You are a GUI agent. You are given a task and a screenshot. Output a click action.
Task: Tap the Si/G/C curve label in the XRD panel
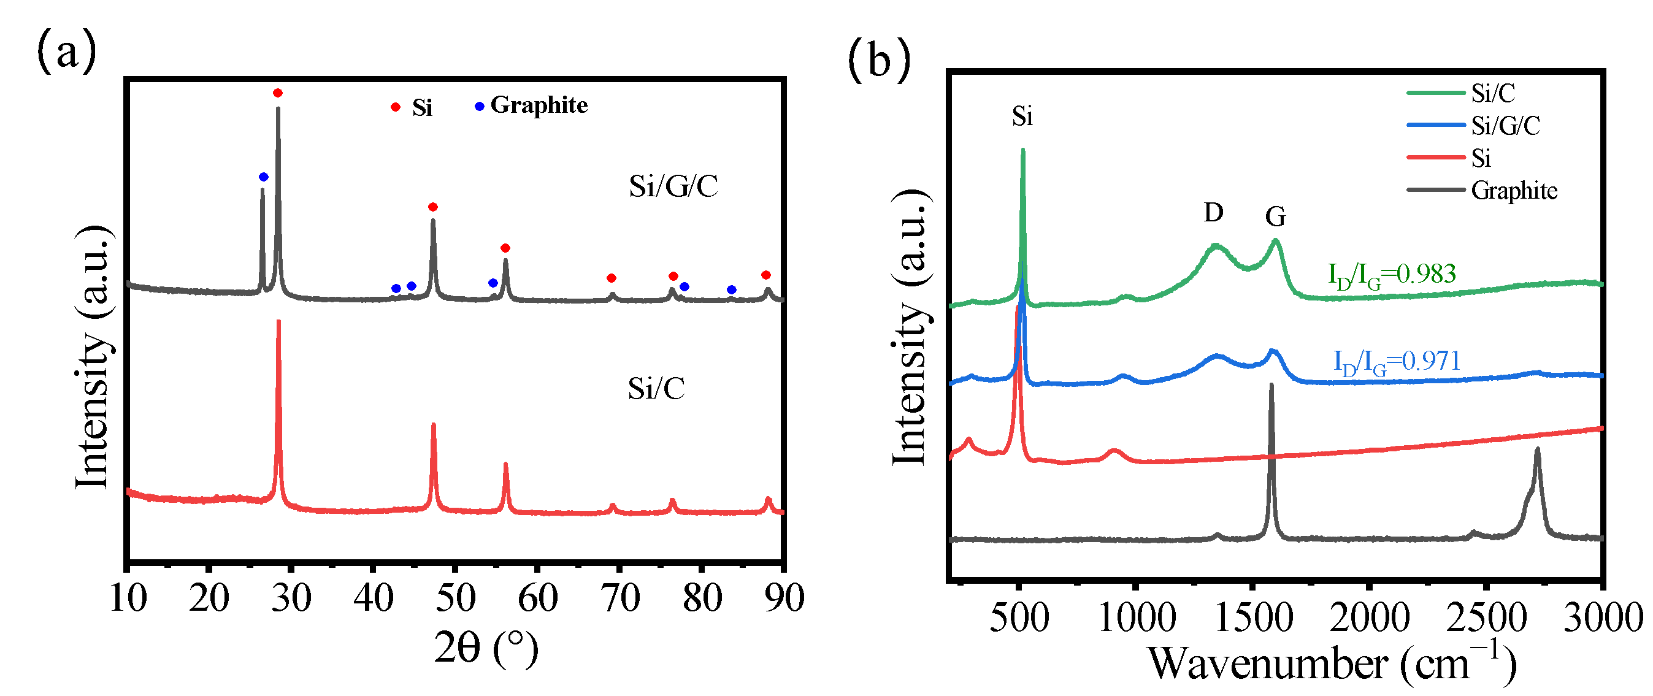click(x=673, y=186)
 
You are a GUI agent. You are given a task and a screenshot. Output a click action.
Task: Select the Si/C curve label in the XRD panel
click(x=656, y=388)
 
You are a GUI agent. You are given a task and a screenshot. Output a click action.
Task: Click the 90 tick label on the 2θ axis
click(x=784, y=598)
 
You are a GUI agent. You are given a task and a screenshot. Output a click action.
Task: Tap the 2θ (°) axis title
click(x=486, y=648)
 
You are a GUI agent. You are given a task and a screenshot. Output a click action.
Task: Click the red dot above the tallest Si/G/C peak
click(x=277, y=93)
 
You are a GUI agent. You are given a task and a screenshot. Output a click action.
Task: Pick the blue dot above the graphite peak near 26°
click(x=263, y=177)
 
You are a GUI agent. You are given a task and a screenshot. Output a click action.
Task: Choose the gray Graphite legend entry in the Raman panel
click(x=1482, y=191)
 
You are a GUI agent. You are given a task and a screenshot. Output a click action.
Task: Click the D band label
click(x=1213, y=212)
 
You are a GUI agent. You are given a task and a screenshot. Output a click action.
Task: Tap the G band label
click(x=1275, y=217)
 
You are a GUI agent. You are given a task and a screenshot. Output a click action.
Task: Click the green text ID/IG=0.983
click(x=1391, y=275)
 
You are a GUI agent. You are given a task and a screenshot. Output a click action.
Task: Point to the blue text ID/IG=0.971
click(x=1397, y=362)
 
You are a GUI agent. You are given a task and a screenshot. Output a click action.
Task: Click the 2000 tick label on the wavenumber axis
click(x=1370, y=618)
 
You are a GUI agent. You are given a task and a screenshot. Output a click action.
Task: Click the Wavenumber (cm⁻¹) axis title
click(x=1332, y=663)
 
